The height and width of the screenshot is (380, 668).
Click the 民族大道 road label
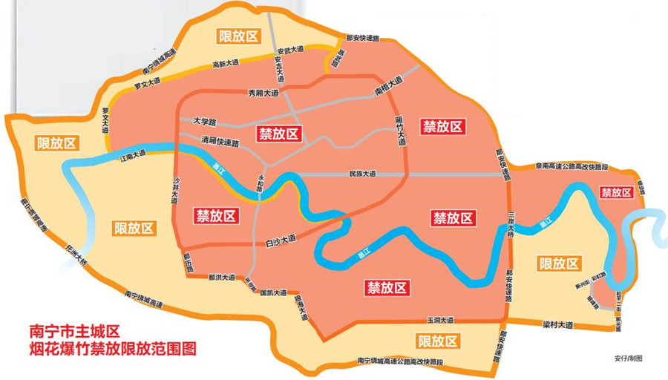[x=362, y=174]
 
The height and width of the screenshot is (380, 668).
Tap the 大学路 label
[x=203, y=121]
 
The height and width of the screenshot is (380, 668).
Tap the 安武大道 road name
[x=290, y=49]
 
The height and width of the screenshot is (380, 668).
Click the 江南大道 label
[x=134, y=157]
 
